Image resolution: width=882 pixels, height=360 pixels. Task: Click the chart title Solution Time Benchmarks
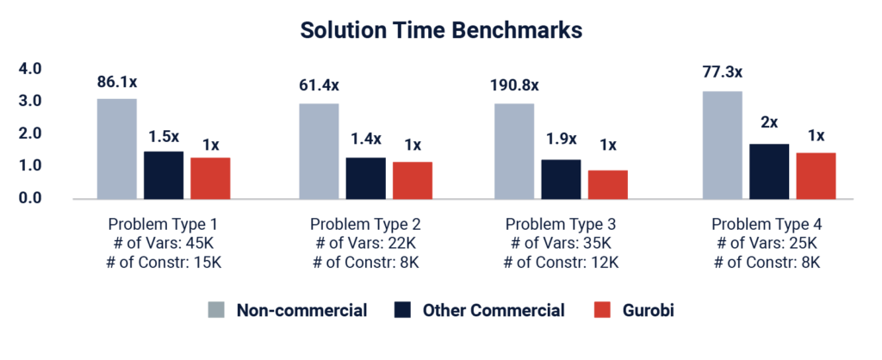(x=441, y=31)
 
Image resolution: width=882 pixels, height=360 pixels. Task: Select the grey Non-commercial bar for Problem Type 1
(x=117, y=148)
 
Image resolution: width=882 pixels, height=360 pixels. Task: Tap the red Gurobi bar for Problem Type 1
(x=210, y=177)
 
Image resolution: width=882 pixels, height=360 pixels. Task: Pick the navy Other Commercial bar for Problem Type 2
(x=365, y=177)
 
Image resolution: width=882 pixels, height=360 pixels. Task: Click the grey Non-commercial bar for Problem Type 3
(x=513, y=151)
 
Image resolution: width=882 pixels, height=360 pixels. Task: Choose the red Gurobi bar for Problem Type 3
(x=607, y=184)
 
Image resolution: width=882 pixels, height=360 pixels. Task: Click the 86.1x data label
(x=116, y=83)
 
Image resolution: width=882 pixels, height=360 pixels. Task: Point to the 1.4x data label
(x=365, y=139)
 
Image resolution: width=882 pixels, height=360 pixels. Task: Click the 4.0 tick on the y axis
(x=31, y=68)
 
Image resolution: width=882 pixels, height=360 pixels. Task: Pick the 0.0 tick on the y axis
(x=31, y=197)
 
